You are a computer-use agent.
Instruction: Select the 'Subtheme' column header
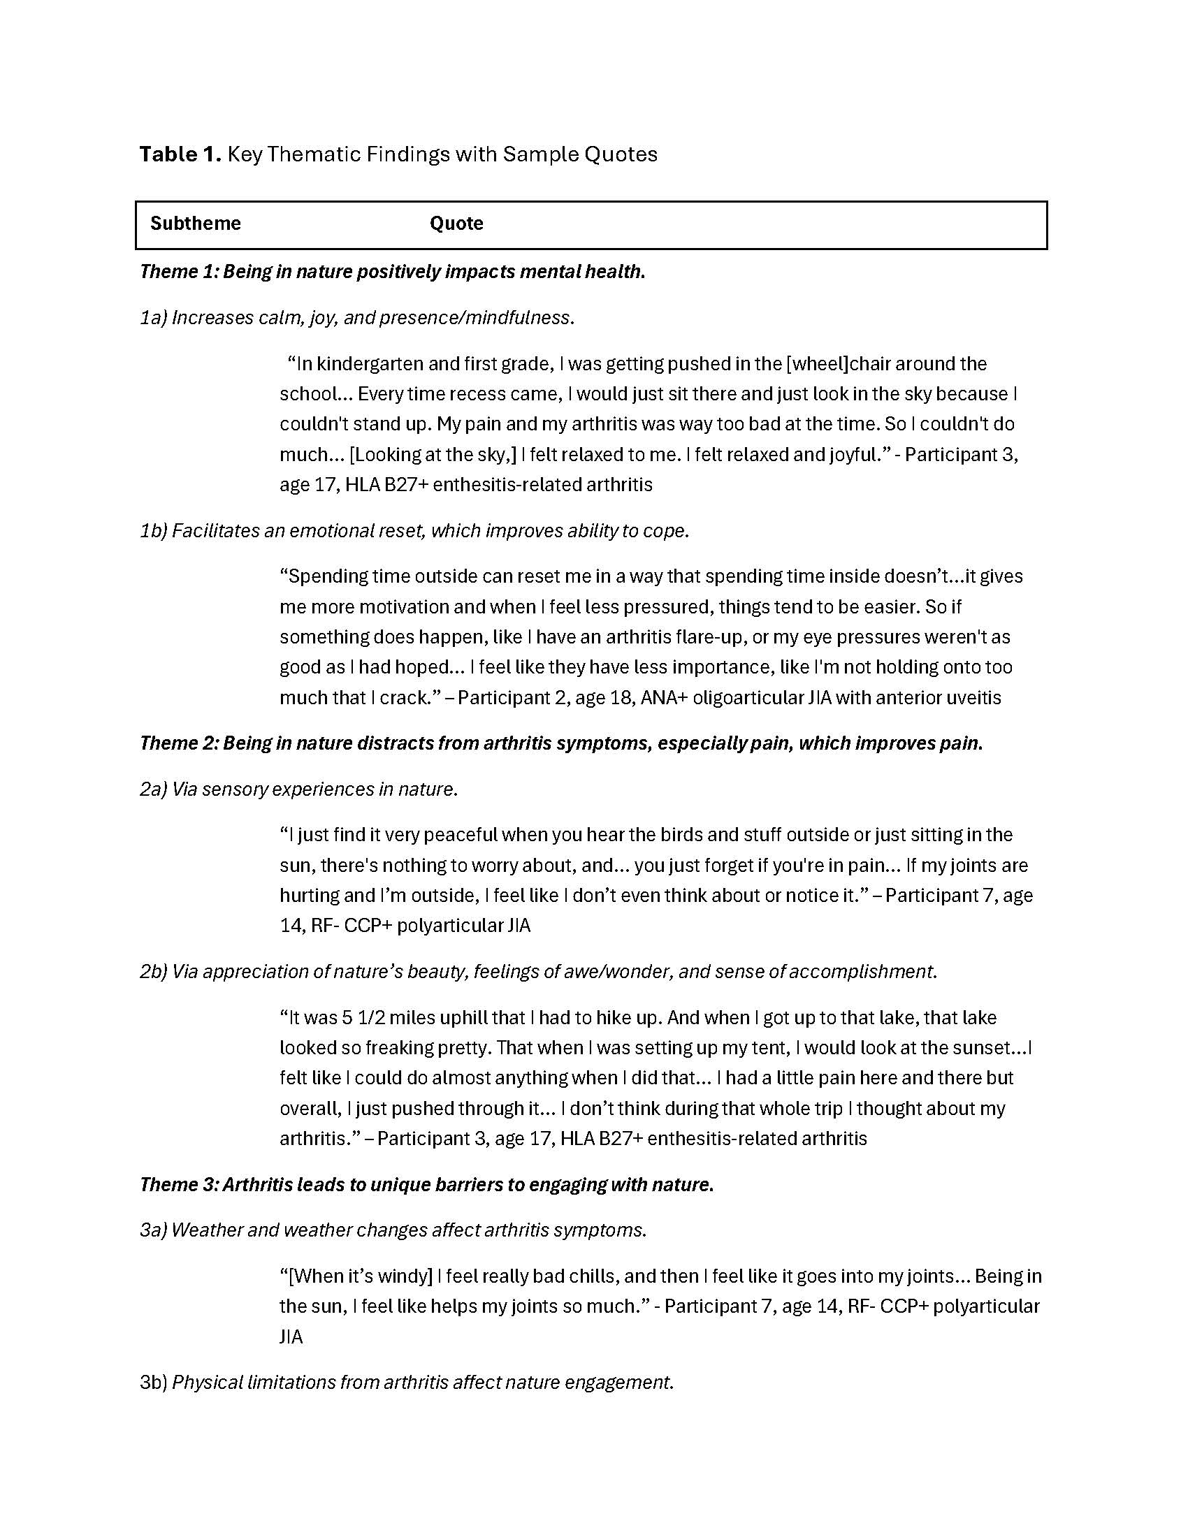click(x=195, y=223)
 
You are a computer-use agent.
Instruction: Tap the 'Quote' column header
click(x=456, y=223)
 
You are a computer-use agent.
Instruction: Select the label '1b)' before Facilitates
click(x=153, y=531)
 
